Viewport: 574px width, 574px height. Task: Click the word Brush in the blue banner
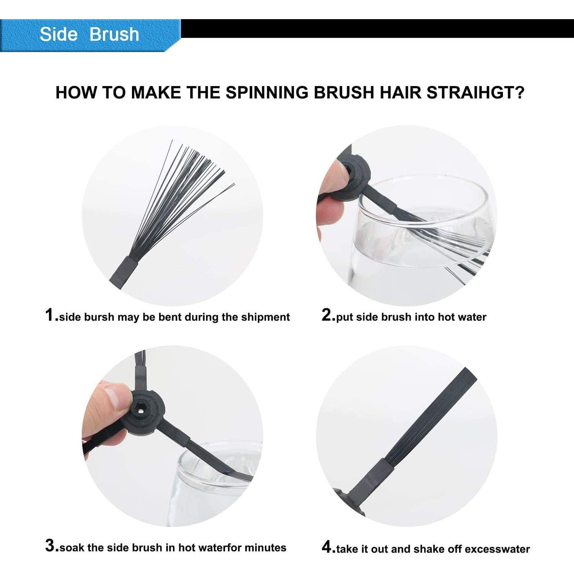[114, 34]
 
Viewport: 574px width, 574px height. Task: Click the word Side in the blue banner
[58, 34]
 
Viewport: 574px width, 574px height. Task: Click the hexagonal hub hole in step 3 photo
[141, 410]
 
